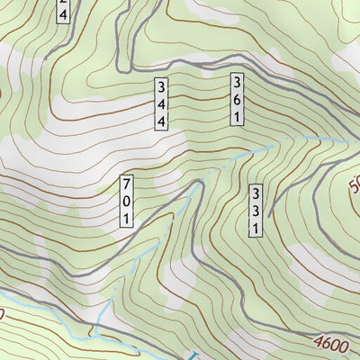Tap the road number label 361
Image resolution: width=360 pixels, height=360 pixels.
(238, 99)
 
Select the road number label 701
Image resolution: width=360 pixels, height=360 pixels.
(127, 201)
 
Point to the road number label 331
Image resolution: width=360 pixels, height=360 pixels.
(256, 211)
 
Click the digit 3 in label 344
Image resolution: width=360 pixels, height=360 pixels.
(162, 87)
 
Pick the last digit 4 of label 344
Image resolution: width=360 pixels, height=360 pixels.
(162, 121)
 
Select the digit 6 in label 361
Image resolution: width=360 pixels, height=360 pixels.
(238, 99)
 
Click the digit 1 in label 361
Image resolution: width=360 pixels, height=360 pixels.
(238, 116)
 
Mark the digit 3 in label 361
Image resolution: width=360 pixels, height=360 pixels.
(238, 83)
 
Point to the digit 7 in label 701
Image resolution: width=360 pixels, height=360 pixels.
(127, 184)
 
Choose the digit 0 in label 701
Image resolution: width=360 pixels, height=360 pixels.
(127, 201)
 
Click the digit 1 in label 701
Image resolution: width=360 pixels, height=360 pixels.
(127, 218)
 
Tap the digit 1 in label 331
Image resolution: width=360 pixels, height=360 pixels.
(256, 229)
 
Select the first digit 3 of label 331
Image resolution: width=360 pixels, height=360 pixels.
(256, 194)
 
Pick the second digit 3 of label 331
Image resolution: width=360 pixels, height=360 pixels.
(256, 211)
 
